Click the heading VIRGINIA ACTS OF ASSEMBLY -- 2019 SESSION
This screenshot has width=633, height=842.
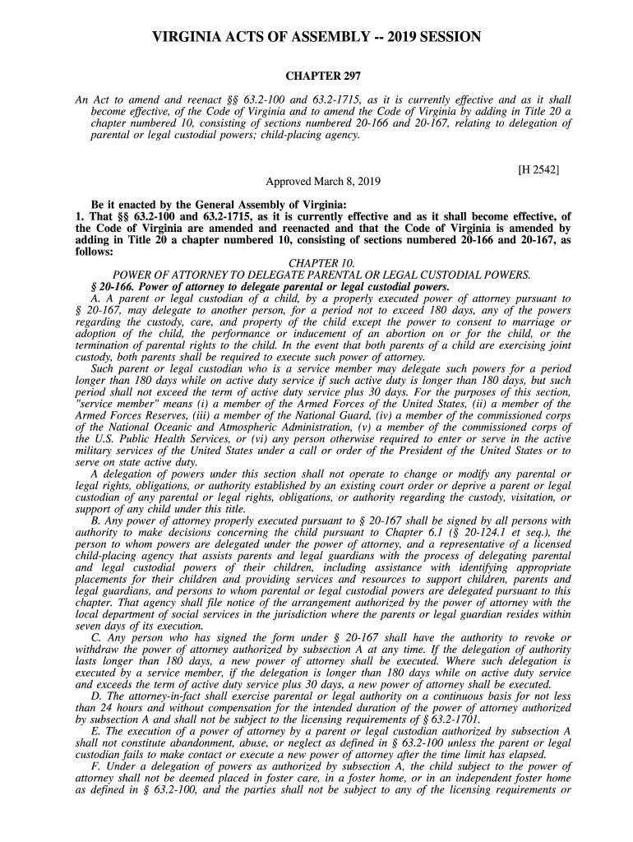316,39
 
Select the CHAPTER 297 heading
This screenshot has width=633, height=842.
316,76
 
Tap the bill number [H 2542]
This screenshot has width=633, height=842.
539,170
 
